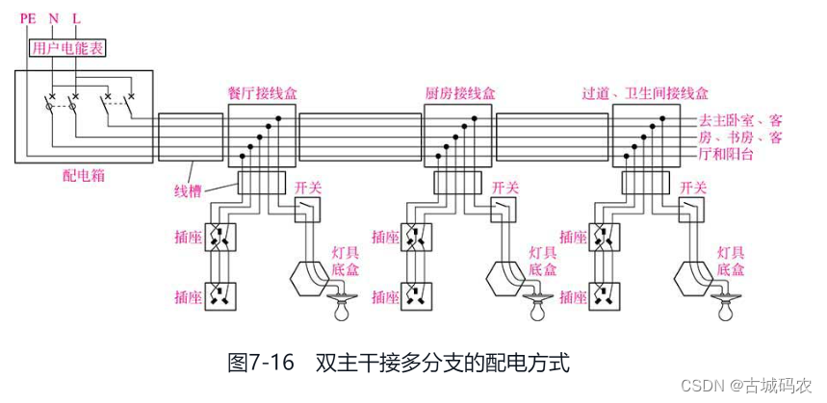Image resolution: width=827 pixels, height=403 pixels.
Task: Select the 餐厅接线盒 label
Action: (x=262, y=94)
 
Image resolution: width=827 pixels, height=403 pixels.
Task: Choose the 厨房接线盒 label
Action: (x=459, y=94)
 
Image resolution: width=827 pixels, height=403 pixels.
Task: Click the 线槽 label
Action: (x=190, y=190)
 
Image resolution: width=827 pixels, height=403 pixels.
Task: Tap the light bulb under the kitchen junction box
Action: (x=535, y=311)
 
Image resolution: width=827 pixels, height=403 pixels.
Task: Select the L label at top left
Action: (x=76, y=16)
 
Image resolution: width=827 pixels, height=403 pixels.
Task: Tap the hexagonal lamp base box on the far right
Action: (x=692, y=277)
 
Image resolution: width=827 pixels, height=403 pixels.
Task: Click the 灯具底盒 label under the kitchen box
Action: (x=542, y=261)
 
